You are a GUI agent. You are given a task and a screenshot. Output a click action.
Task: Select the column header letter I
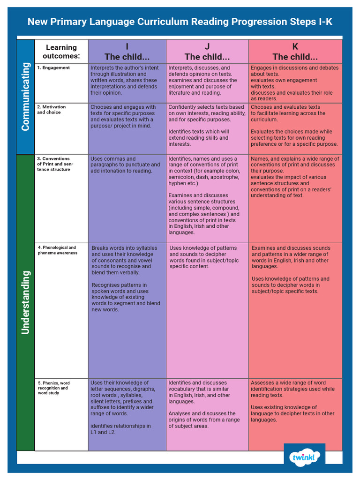point(127,46)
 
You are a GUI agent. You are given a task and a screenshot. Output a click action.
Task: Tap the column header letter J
point(207,46)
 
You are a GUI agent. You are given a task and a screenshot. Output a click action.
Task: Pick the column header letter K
point(295,46)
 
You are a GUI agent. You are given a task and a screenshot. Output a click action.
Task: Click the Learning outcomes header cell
point(61,52)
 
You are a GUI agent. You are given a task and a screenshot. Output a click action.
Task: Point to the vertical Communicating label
point(25,97)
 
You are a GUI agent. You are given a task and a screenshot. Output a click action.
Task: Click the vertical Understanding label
point(25,302)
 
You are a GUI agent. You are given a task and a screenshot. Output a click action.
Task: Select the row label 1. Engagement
point(53,68)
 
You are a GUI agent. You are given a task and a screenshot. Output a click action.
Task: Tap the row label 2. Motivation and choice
point(52,110)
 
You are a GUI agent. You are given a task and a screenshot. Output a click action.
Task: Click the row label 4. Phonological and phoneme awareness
point(57,250)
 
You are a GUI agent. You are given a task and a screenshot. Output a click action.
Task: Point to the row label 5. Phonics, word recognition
point(53,388)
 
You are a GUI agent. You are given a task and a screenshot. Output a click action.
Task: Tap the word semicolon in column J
point(183,177)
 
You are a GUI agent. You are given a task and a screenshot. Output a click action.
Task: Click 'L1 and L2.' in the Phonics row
point(103,432)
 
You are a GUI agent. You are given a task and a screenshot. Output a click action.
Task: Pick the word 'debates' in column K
point(329,68)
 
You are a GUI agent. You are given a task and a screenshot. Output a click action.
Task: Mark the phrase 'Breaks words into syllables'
point(124,248)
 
